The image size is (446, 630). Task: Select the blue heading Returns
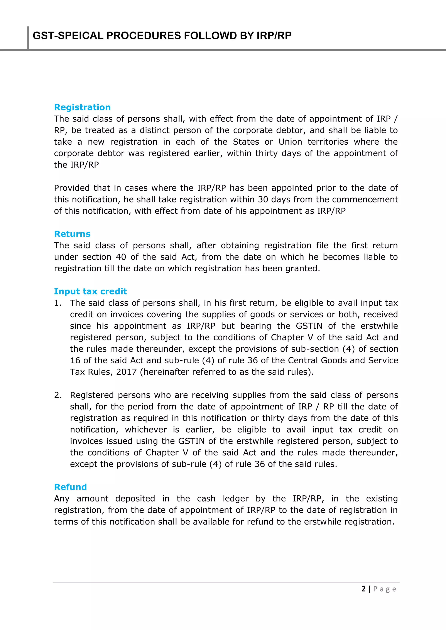click(x=72, y=234)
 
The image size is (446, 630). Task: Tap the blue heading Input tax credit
click(x=90, y=291)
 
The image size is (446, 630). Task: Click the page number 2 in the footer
click(x=363, y=589)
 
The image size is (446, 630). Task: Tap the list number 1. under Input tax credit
click(x=58, y=303)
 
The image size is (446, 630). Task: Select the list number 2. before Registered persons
click(x=58, y=395)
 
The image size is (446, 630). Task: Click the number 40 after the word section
click(x=121, y=257)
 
